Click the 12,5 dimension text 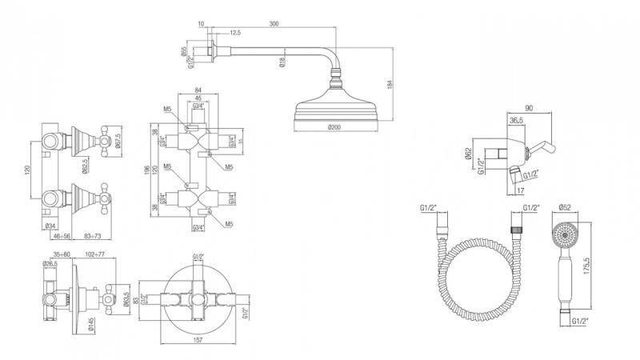(234, 34)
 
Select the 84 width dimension (197, 90)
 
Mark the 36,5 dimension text (517, 120)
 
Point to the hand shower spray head (566, 236)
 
